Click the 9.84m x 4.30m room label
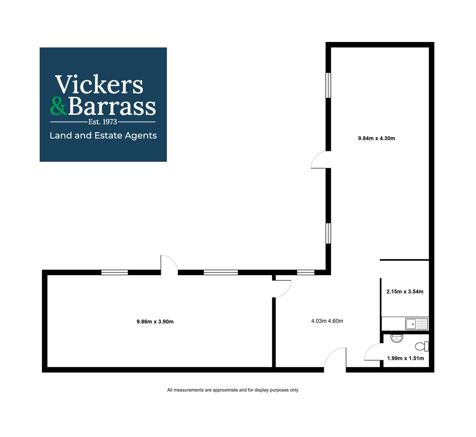coord(377,138)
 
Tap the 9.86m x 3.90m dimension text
coord(155,322)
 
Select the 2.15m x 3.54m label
coord(405,292)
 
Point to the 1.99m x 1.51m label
coord(405,359)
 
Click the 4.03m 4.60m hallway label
coord(327,321)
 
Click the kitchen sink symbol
coord(417,324)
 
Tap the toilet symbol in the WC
coord(422,346)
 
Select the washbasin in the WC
coord(396,338)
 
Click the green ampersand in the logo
coord(58,106)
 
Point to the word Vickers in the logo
coord(99,84)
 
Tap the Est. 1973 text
coord(103,122)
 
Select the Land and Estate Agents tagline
coord(103,136)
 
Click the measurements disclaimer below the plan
coord(233,390)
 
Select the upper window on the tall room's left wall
coord(328,85)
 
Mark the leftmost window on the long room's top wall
coord(114,272)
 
